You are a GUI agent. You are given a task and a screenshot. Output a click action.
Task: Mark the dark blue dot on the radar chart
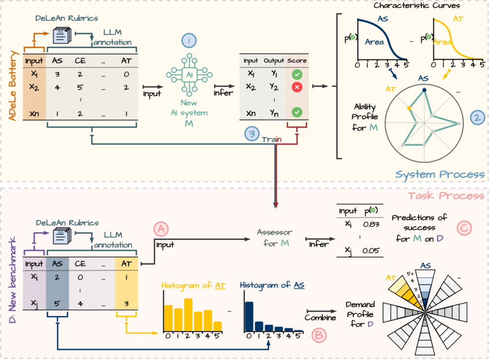424,89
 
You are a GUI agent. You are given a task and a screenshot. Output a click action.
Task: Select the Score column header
297,61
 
